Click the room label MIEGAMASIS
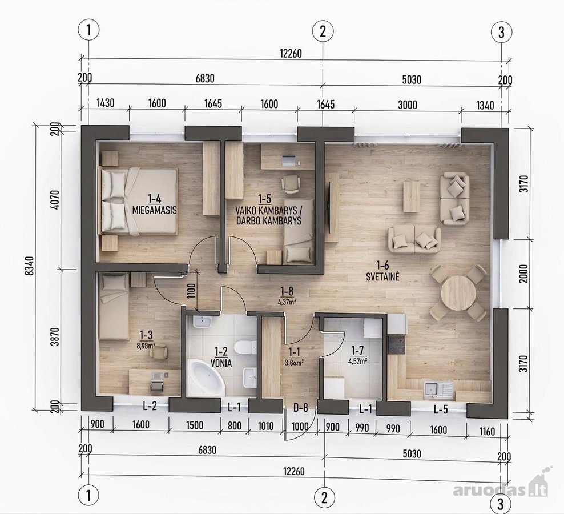(x=155, y=210)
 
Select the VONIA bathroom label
(x=221, y=363)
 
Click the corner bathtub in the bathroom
(x=206, y=378)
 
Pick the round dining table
(x=458, y=292)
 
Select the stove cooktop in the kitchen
(x=396, y=345)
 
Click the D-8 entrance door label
(x=300, y=408)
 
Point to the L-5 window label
(x=441, y=409)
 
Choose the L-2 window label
(x=150, y=407)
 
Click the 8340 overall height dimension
(x=30, y=266)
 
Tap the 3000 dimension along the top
(x=408, y=105)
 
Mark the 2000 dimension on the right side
(x=524, y=274)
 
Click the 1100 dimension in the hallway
(x=191, y=291)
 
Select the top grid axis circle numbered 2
(x=323, y=31)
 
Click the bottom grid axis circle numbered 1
(x=88, y=496)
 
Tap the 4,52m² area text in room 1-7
(x=358, y=361)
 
